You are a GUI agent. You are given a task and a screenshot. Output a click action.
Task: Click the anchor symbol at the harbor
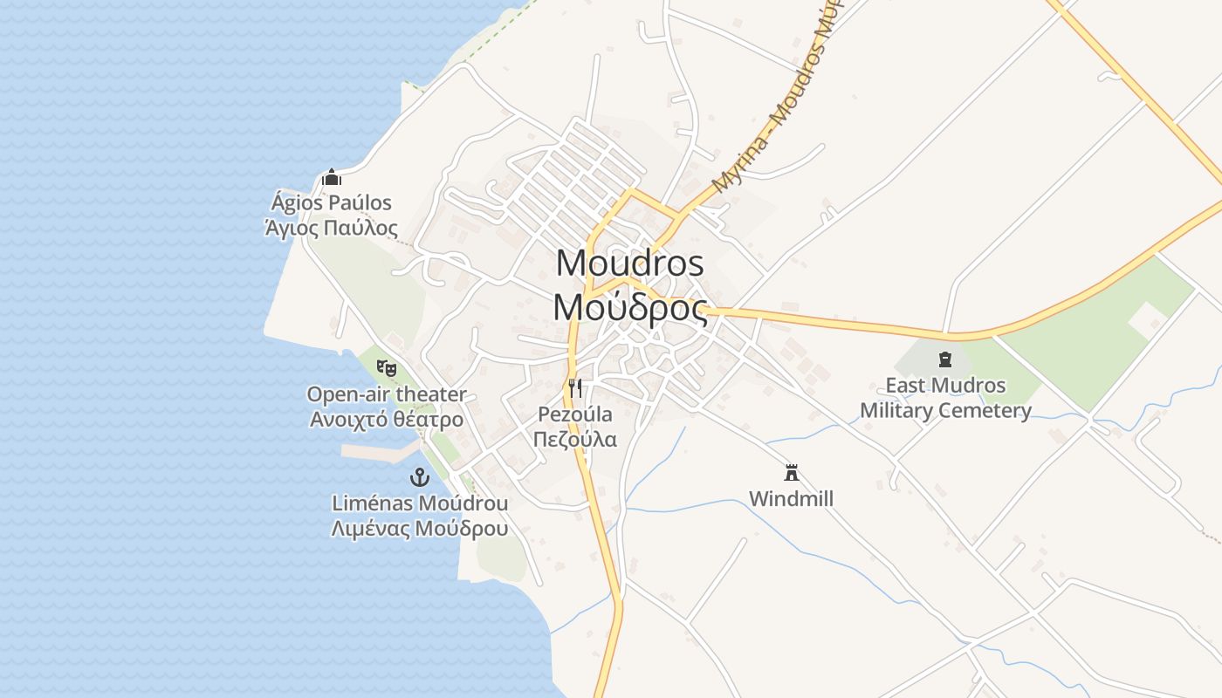[x=420, y=477]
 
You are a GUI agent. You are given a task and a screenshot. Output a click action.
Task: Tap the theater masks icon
[x=387, y=368]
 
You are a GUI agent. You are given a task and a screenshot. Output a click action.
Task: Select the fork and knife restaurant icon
[x=575, y=387]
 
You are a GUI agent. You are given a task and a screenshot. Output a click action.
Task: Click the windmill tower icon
[x=792, y=473]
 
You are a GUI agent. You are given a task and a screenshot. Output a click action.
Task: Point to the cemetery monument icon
[x=944, y=359]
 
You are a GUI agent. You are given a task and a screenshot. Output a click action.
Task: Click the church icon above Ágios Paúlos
[x=331, y=178]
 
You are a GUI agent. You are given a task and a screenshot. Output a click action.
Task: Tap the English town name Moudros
[x=629, y=263]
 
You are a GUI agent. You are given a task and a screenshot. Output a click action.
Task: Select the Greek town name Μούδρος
[x=629, y=307]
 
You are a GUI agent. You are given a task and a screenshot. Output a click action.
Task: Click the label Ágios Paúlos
[x=332, y=203]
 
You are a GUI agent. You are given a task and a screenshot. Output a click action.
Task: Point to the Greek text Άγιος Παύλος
[x=332, y=229]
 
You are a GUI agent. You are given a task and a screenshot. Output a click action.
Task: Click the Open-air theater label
[x=387, y=394]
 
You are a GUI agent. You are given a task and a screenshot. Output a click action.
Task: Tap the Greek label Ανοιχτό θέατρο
[x=387, y=419]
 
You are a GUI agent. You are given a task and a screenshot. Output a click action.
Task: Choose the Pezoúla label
[x=575, y=414]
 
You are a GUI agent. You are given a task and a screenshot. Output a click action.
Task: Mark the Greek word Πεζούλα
[x=575, y=438]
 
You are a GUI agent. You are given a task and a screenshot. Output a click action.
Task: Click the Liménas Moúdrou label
[x=420, y=503]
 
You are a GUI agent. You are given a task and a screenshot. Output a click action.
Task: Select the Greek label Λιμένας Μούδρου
[x=420, y=529]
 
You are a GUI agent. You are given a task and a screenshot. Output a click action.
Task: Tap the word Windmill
[x=792, y=499]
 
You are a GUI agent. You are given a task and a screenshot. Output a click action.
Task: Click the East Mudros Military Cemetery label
[x=945, y=398]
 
